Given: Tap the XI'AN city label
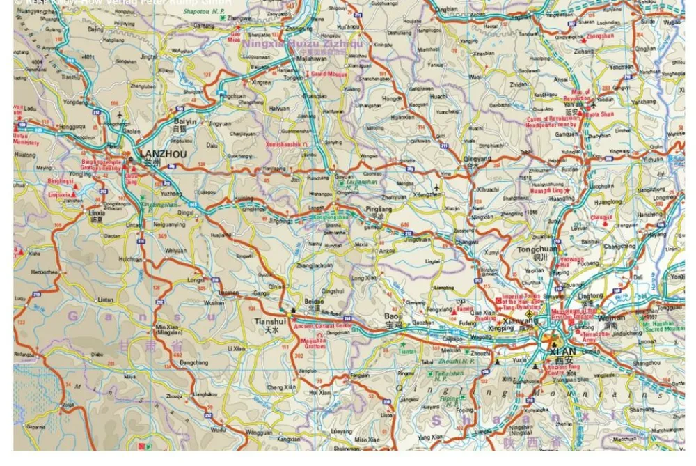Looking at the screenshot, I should click(562, 351).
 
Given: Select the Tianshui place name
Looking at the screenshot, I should click(270, 321).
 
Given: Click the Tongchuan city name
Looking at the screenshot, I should click(537, 249).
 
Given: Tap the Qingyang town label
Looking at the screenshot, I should click(477, 158).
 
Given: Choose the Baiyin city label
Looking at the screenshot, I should click(184, 121).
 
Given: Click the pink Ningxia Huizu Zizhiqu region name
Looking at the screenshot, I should click(303, 43).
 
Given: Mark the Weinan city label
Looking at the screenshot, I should click(606, 318).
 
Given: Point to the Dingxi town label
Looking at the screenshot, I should click(185, 212).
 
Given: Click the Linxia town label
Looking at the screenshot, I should click(95, 212).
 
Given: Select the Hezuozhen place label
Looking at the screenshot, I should click(42, 272).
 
